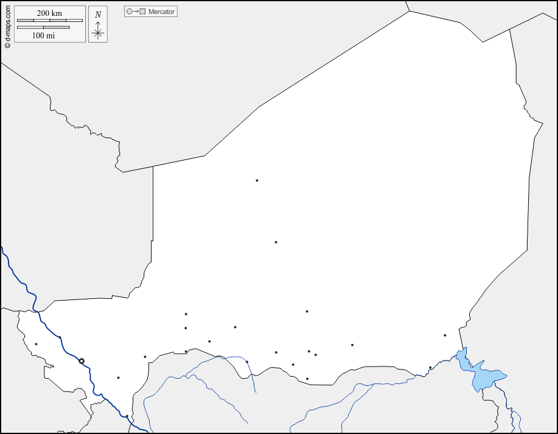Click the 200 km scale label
point(49,13)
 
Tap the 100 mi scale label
point(43,35)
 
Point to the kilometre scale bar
point(49,21)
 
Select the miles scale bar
point(43,27)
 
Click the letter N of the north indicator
point(98,15)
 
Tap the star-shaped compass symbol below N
point(98,32)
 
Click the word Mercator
point(161,12)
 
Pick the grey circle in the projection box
point(129,12)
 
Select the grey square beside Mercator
point(142,12)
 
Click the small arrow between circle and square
point(136,12)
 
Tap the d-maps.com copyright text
point(7,25)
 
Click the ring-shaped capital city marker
point(82,361)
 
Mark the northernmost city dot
point(257,180)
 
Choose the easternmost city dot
point(445,335)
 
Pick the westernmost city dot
point(36,344)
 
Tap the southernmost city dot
point(127,417)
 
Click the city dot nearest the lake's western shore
point(430,368)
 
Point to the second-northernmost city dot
point(276,242)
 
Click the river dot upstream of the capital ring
point(60,338)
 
